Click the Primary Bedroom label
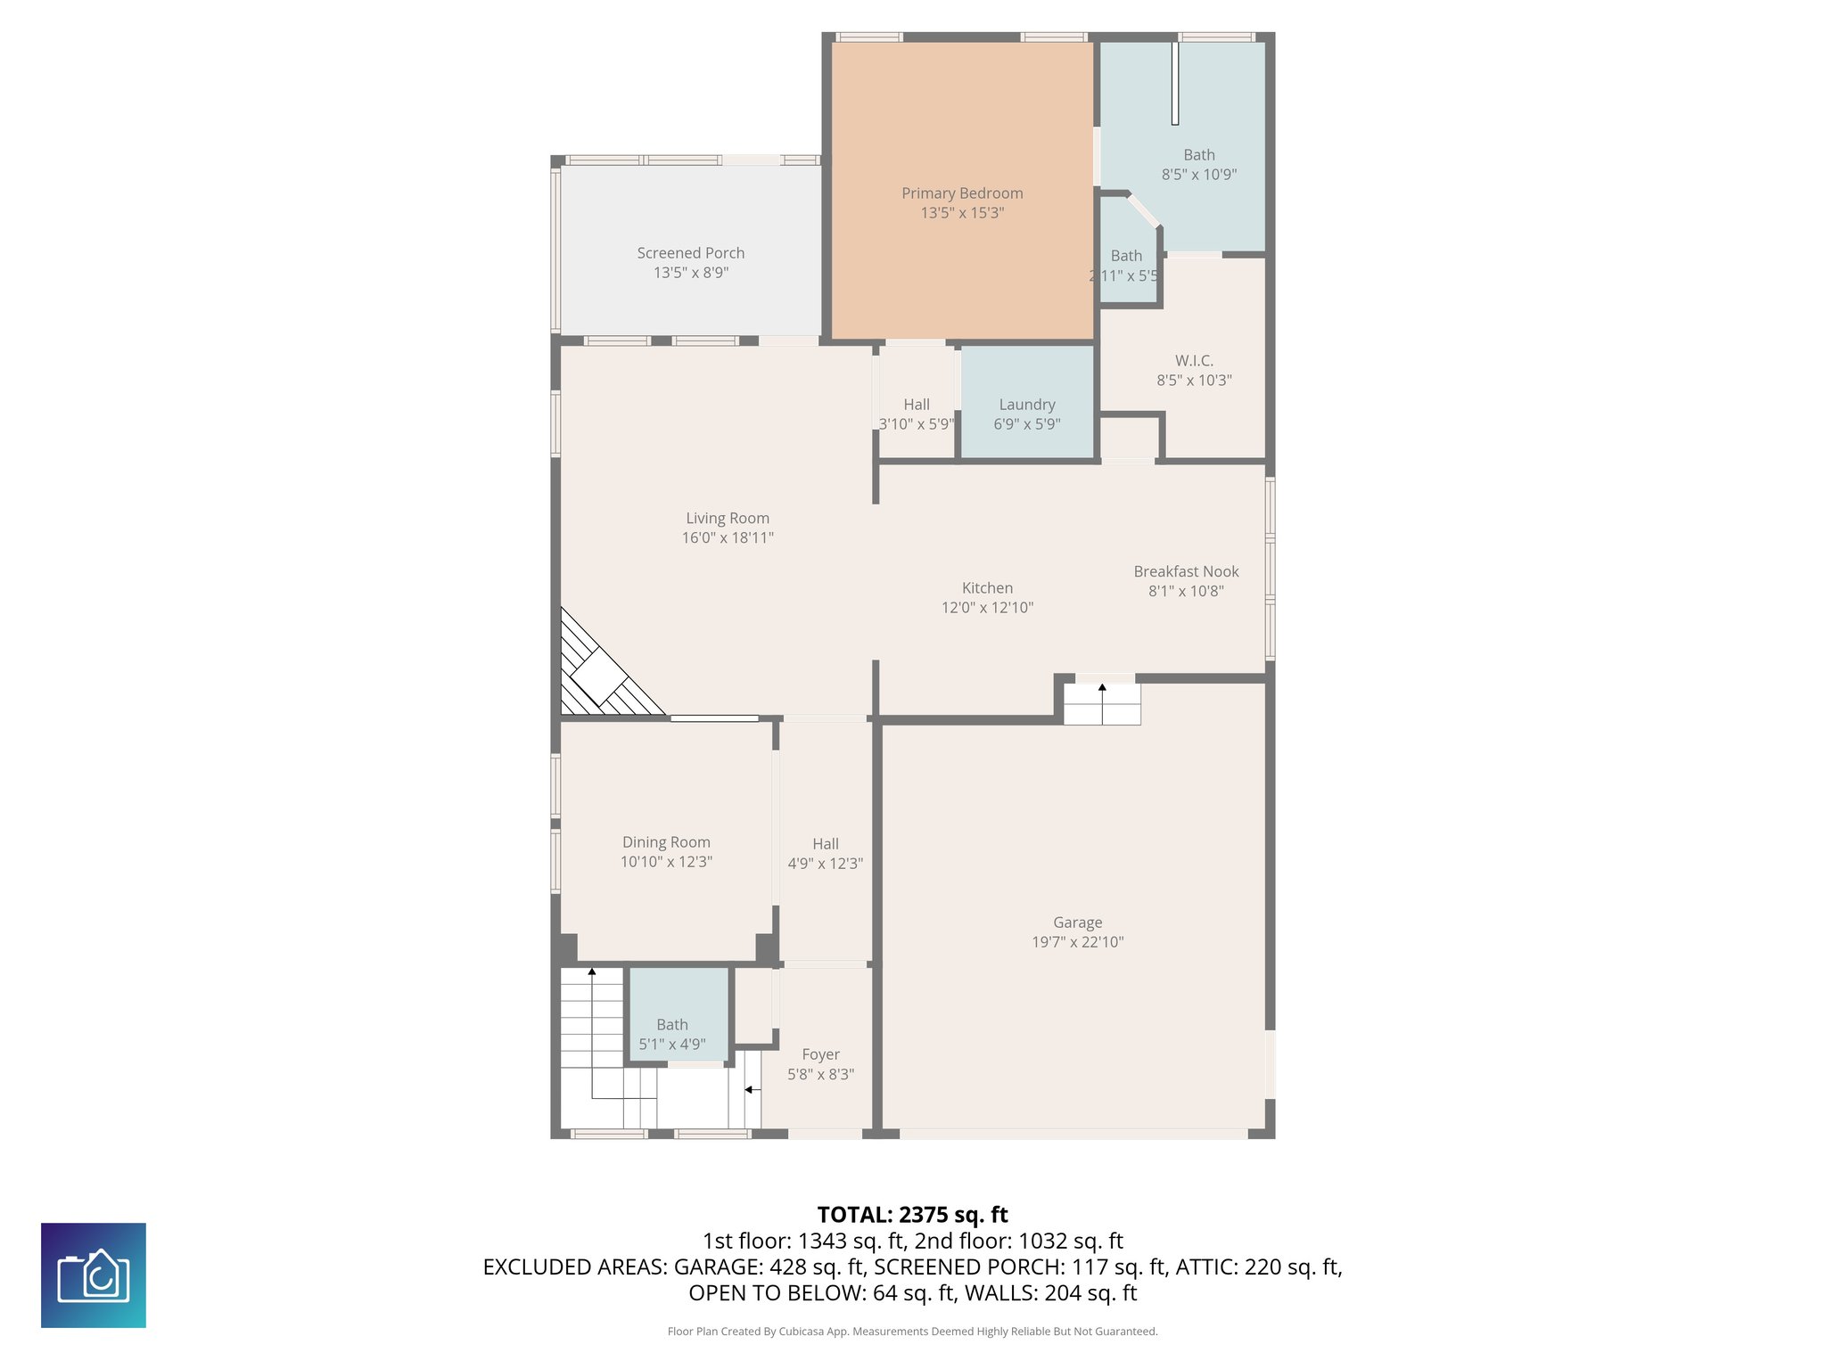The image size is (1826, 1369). coord(962,193)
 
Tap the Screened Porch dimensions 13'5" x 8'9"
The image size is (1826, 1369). coord(691,273)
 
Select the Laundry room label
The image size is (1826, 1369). coord(1027,405)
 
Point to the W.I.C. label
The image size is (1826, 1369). coord(1194,361)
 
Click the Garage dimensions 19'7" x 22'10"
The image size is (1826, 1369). coord(1077,942)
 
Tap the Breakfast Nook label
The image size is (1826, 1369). coord(1186,571)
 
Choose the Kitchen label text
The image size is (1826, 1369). coord(987,588)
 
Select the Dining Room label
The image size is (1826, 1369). coord(666,842)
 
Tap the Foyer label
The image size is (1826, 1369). coord(820,1054)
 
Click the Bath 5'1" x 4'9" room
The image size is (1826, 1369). coord(679,1013)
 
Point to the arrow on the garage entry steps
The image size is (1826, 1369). coord(1102,689)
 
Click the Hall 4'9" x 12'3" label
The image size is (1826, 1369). coord(825,844)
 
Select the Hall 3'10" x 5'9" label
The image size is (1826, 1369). coord(917,405)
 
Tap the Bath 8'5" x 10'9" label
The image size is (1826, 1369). coord(1198,155)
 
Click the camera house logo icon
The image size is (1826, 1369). coord(94,1275)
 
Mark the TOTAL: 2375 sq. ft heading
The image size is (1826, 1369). coord(912,1215)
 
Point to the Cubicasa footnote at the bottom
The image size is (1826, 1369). coord(912,1332)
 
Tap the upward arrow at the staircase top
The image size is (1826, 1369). coord(592,972)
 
